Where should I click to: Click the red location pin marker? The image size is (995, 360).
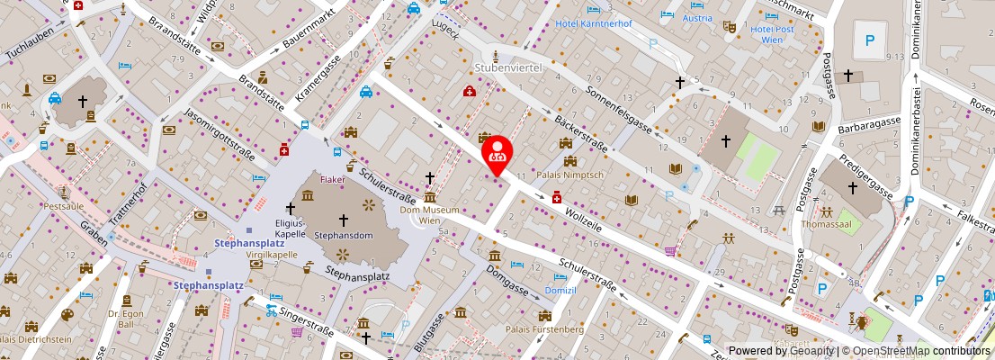click(x=497, y=154)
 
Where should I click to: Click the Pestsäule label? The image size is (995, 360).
click(x=63, y=206)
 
